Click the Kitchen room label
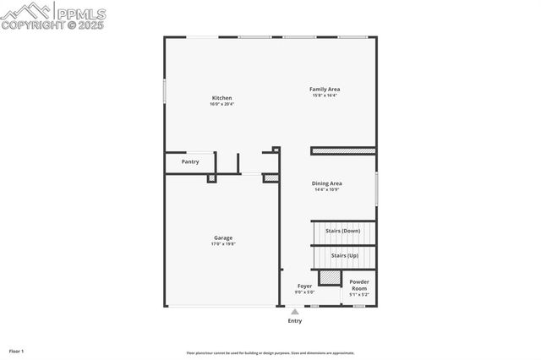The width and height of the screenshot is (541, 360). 221,98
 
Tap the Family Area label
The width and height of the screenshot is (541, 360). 325,89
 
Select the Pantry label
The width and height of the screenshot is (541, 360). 190,161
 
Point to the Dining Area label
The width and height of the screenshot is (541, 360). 327,183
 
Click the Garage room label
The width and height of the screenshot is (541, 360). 223,237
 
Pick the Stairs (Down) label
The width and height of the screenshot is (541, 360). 343,231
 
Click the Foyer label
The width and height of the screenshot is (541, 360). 304,286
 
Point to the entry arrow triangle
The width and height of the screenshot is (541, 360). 294,312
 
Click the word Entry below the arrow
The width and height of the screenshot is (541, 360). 294,321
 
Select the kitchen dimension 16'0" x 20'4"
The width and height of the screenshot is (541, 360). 221,105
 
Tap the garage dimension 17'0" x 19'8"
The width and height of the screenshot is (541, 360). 223,244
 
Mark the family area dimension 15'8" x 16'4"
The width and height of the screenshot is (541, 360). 325,95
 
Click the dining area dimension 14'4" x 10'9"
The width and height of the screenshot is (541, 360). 327,189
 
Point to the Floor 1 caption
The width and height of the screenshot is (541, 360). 17,350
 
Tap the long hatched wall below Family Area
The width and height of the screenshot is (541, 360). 343,151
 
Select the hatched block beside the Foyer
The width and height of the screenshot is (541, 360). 329,278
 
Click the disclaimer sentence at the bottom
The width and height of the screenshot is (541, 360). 270,353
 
